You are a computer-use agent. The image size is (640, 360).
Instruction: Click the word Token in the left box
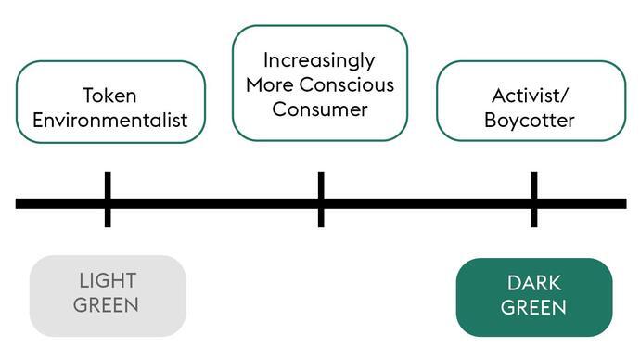(x=110, y=95)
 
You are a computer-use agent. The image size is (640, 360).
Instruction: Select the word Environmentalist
(x=110, y=120)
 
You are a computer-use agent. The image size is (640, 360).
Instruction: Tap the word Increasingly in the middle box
(x=319, y=61)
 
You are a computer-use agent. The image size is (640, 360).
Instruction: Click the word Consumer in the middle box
(x=319, y=109)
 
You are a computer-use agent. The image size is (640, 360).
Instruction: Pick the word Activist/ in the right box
(x=530, y=96)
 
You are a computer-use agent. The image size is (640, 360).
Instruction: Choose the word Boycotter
(x=530, y=121)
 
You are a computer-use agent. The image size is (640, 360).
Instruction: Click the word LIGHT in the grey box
(x=108, y=281)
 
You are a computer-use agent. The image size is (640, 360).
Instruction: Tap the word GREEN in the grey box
(x=108, y=304)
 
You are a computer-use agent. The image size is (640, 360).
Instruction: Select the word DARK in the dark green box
(x=534, y=283)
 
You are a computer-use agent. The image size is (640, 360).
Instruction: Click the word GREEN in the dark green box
(x=534, y=307)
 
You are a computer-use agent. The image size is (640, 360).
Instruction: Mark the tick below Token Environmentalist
(x=108, y=199)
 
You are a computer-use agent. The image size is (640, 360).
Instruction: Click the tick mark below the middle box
(x=321, y=199)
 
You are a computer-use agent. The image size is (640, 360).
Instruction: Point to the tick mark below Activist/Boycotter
(x=534, y=199)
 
